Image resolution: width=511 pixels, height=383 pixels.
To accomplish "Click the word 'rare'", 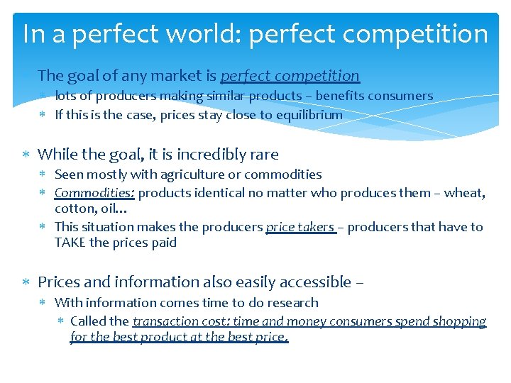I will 263,154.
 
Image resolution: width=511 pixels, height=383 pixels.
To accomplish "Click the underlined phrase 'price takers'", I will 300,227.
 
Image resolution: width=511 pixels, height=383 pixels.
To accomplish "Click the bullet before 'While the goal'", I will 26,155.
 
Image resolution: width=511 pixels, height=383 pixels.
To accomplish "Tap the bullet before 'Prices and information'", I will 26,283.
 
